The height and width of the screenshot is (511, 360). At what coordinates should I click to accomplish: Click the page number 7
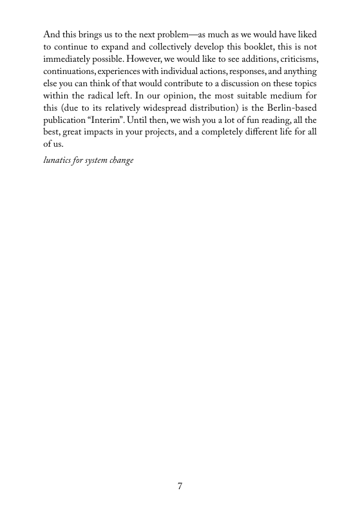click(180, 486)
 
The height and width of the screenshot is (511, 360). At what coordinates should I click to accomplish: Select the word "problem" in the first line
click(187, 32)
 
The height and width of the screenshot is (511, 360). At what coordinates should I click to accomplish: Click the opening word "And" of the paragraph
click(51, 32)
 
